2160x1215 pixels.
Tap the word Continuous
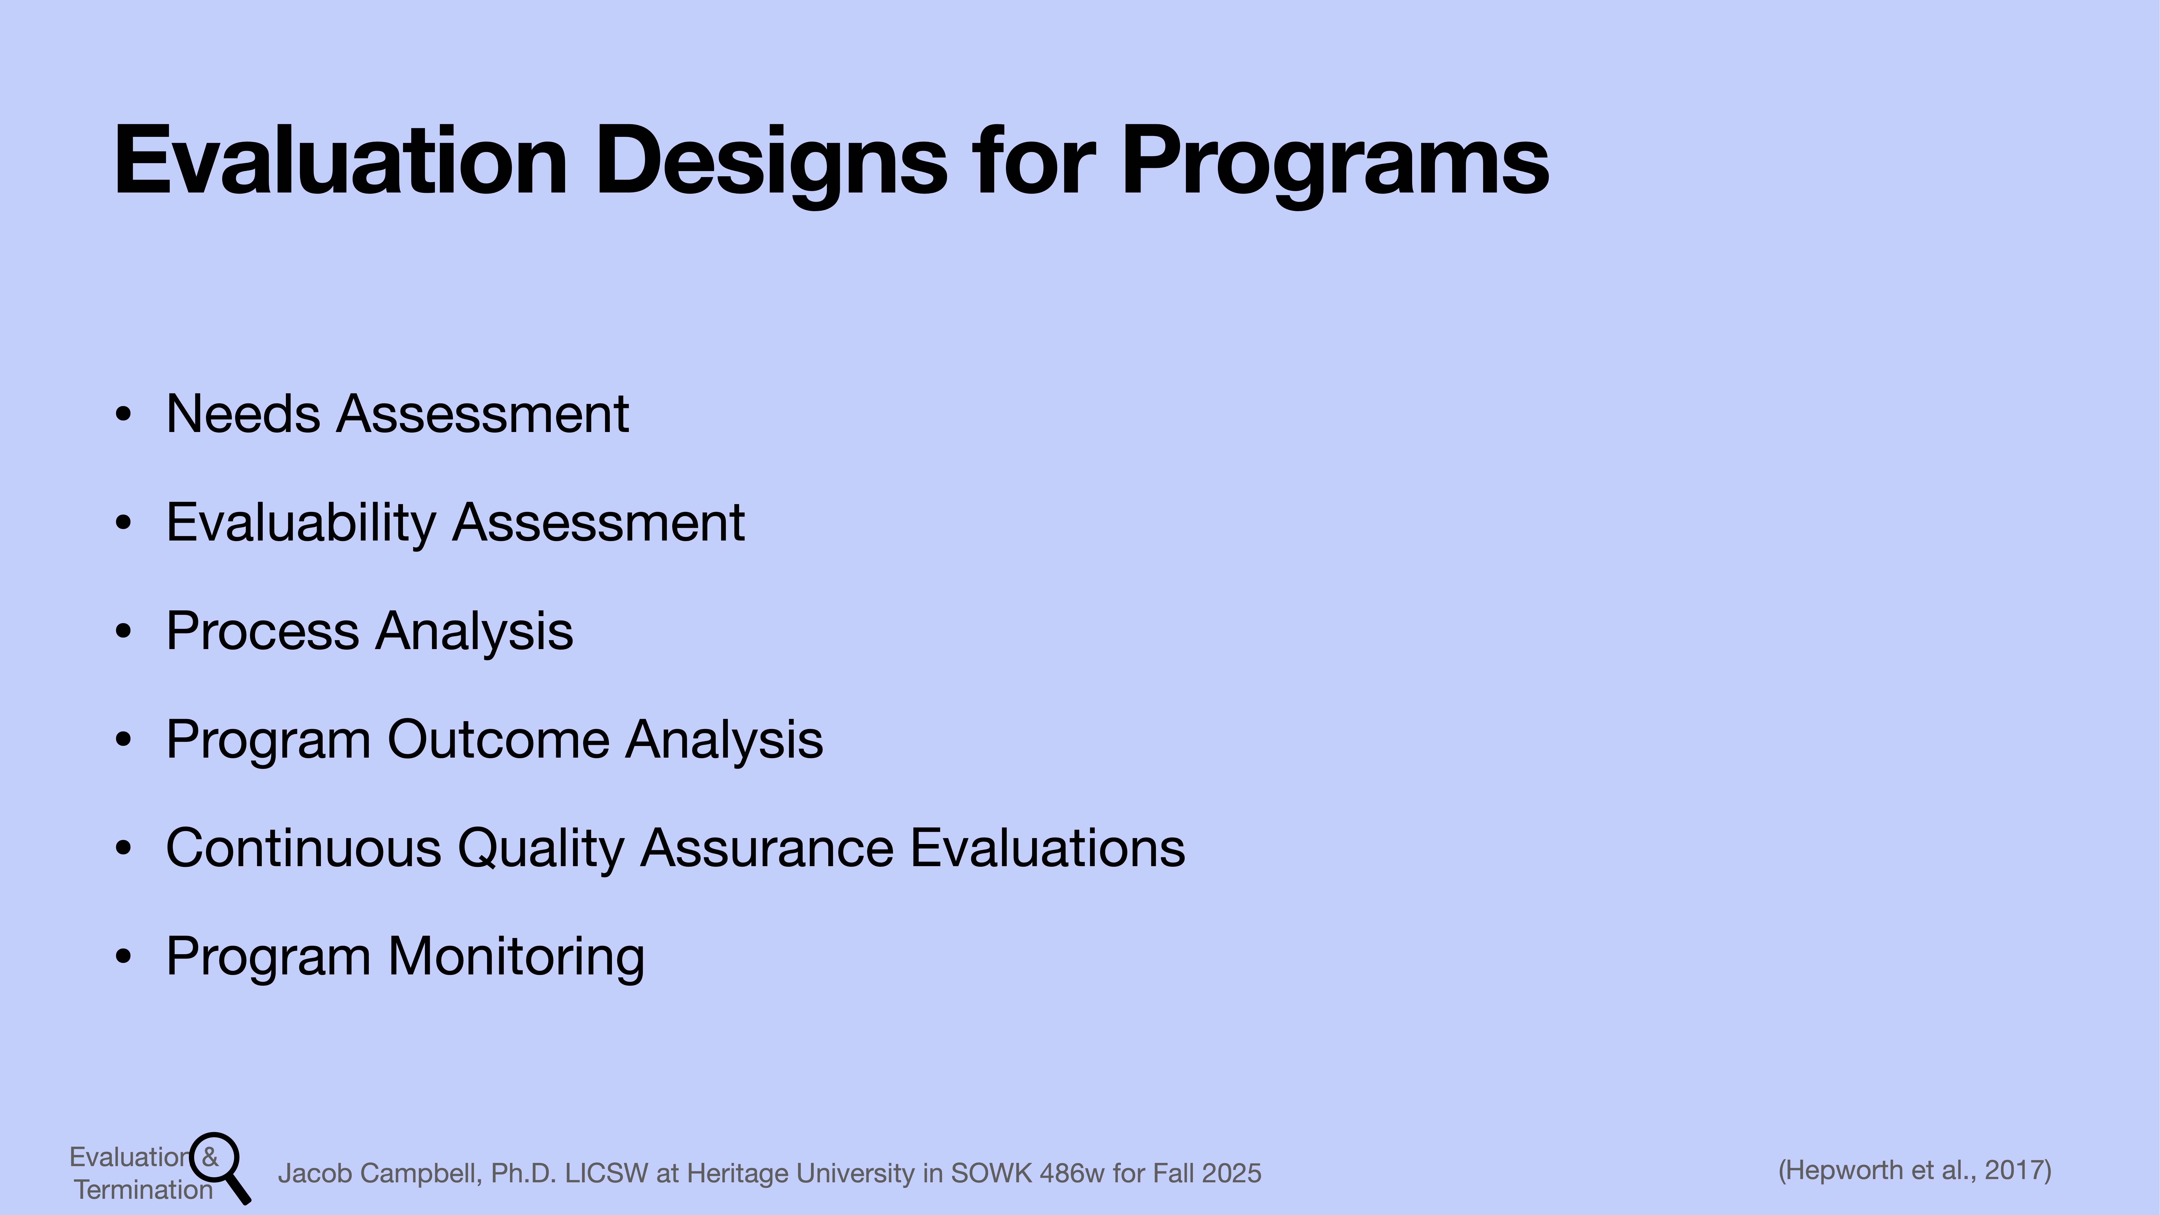pos(303,848)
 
